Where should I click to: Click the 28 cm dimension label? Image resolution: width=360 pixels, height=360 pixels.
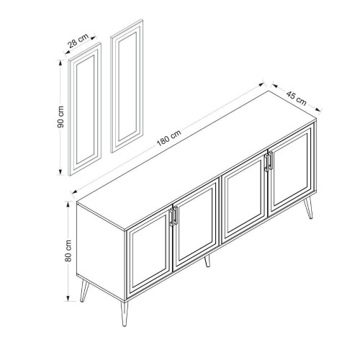coord(78,40)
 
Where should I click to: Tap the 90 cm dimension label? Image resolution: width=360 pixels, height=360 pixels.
coord(60,117)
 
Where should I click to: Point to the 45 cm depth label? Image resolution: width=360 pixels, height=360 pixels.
coord(297,98)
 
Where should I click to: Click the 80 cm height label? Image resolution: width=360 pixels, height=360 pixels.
coord(68,251)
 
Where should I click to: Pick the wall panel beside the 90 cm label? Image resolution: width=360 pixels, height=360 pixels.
coord(85,109)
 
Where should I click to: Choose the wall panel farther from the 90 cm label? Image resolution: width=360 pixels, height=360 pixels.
coord(127,86)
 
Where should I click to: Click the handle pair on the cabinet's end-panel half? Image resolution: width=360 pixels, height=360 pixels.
coord(174,216)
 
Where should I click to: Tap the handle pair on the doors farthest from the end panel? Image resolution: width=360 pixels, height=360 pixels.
coord(269,161)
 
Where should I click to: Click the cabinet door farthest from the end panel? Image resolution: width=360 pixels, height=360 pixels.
coord(292,171)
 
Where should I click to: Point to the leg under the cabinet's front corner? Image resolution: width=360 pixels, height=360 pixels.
coord(124,314)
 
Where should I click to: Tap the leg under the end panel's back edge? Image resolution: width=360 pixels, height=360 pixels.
coord(84,291)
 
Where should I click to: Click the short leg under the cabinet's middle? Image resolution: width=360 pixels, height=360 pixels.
coord(207,261)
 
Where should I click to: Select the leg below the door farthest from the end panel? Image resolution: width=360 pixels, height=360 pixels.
coord(308,208)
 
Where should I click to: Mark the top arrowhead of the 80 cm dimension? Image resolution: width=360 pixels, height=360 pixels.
coord(68,204)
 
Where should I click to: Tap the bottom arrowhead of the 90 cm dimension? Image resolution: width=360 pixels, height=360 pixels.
coord(60,172)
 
